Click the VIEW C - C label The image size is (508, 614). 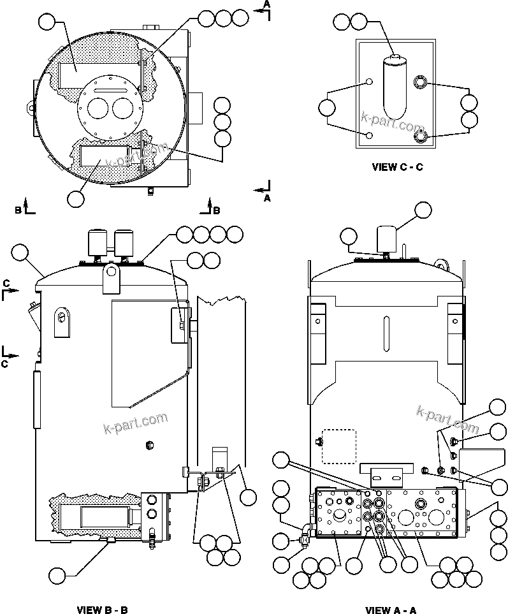tap(397, 168)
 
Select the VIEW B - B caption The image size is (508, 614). tap(103, 610)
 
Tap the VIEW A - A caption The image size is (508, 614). tap(391, 610)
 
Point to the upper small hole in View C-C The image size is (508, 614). tap(369, 82)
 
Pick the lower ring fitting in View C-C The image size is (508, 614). tap(420, 136)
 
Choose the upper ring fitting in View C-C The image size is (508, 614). tap(420, 82)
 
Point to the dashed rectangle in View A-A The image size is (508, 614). tap(338, 446)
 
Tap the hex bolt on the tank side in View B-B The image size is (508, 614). tap(150, 444)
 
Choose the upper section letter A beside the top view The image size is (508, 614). tap(267, 4)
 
